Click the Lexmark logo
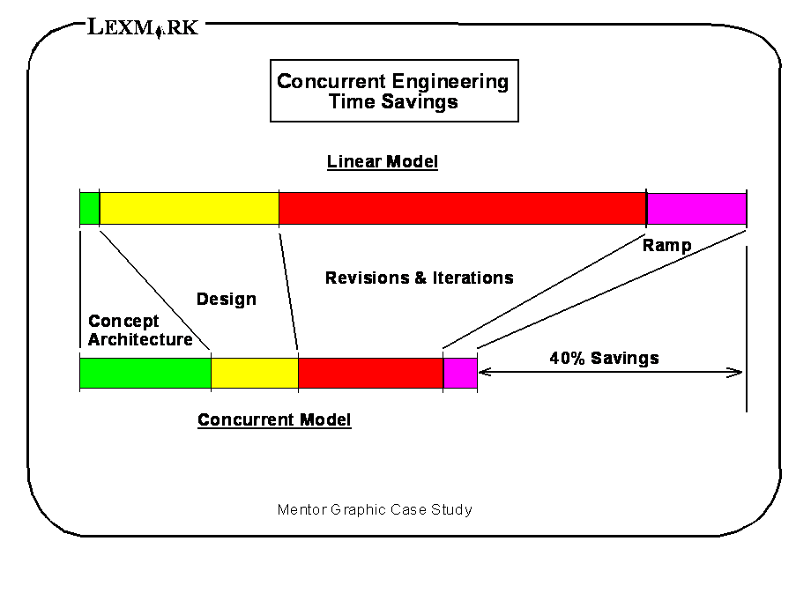tap(143, 27)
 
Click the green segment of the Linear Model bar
tap(90, 208)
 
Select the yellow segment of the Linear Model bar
tap(190, 208)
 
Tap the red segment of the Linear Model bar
tap(463, 208)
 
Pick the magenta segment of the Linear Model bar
tap(696, 208)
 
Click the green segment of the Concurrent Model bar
tap(145, 373)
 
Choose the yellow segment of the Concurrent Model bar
tap(255, 373)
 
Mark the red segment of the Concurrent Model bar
tap(371, 373)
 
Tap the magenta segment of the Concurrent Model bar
tap(460, 373)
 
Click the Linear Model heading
tap(383, 162)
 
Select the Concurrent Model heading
tap(274, 419)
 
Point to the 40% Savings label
tap(604, 358)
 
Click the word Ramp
tap(666, 245)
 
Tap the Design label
tap(227, 299)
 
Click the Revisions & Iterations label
tap(420, 278)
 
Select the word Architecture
tap(140, 339)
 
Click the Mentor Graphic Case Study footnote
tap(375, 510)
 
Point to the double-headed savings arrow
tap(610, 372)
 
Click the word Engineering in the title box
tap(450, 82)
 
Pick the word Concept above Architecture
tap(123, 322)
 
